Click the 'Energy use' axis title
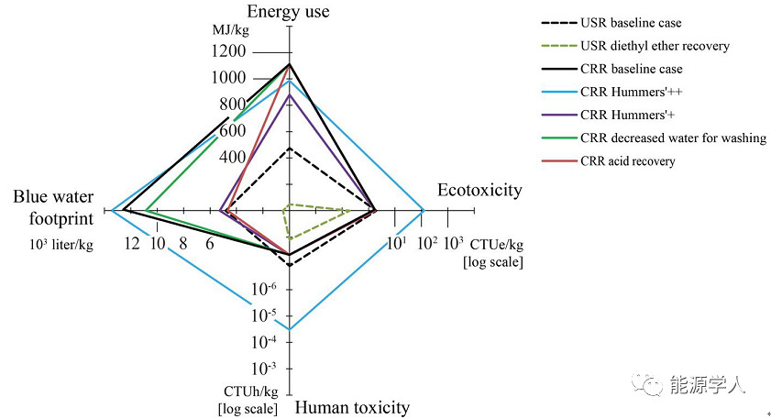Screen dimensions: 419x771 pyautogui.click(x=289, y=12)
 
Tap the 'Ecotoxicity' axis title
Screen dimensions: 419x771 pyautogui.click(x=479, y=190)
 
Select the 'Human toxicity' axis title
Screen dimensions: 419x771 pyautogui.click(x=352, y=408)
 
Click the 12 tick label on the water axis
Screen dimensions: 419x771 pyautogui.click(x=132, y=243)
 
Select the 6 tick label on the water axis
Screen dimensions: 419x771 pyautogui.click(x=210, y=243)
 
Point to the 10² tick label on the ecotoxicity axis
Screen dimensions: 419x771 pyautogui.click(x=425, y=243)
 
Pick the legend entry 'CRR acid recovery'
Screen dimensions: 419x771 pyautogui.click(x=627, y=161)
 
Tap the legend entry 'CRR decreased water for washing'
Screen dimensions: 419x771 pyautogui.click(x=673, y=138)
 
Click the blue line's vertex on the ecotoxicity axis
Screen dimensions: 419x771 pyautogui.click(x=423, y=210)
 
